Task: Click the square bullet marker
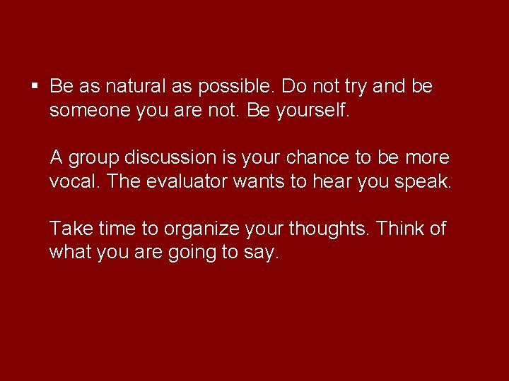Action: click(x=35, y=87)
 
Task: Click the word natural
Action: click(x=135, y=87)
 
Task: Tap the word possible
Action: click(x=236, y=87)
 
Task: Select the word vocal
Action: click(x=75, y=181)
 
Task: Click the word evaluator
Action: click(x=188, y=181)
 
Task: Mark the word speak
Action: click(x=423, y=182)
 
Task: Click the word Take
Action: click(x=66, y=229)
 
